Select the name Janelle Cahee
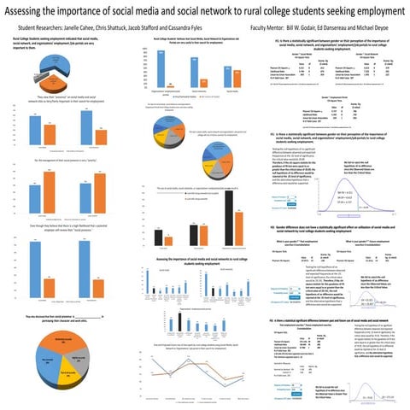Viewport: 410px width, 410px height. [90, 27]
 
